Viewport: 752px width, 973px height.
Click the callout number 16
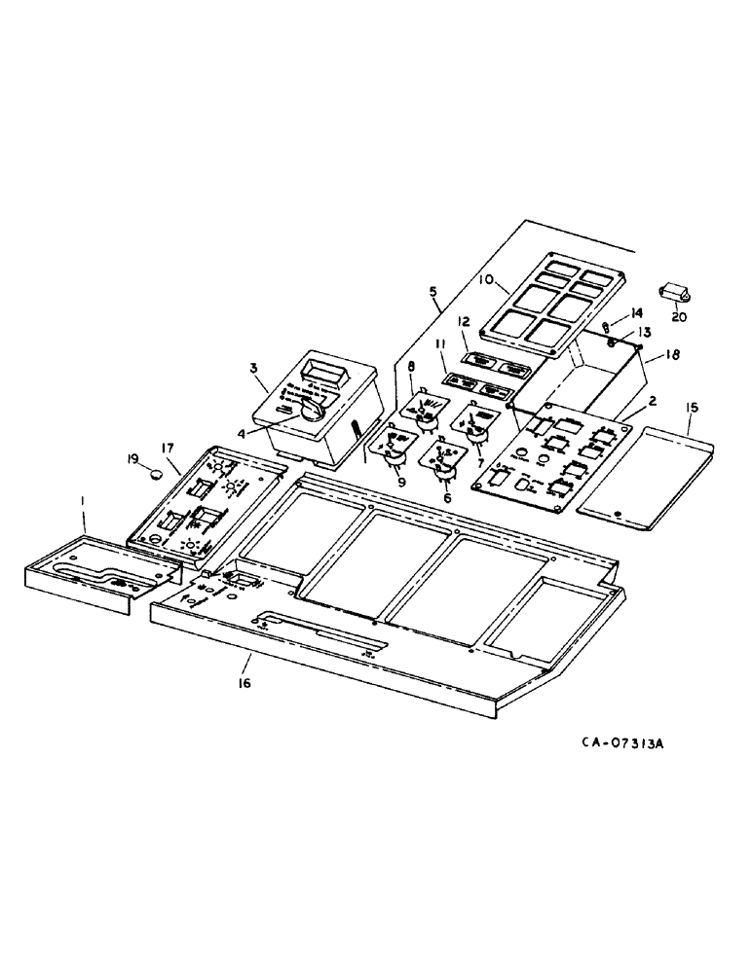click(x=243, y=683)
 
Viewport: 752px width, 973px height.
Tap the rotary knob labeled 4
click(x=313, y=413)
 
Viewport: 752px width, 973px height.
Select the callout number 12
click(x=465, y=322)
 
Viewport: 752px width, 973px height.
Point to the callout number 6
click(x=447, y=497)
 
